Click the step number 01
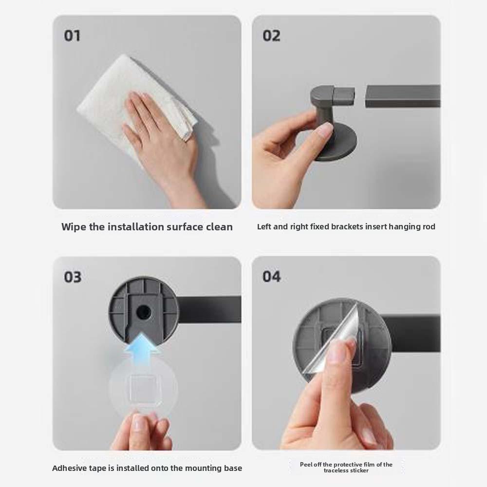[x=72, y=36]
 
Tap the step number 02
[x=271, y=36]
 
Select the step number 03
[x=73, y=277]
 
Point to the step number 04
[x=271, y=277]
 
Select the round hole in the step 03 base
[x=143, y=312]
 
